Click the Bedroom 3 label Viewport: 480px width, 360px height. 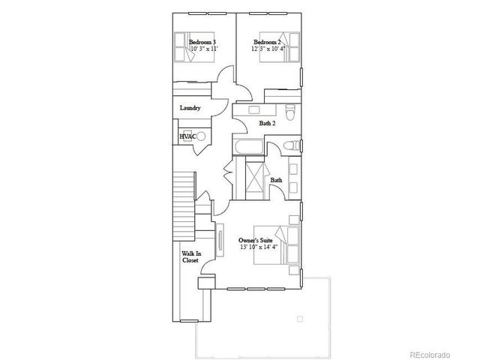(x=202, y=42)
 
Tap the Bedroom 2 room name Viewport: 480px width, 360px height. (x=267, y=42)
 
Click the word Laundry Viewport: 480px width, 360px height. (x=190, y=108)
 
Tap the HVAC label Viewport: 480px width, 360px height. (x=187, y=136)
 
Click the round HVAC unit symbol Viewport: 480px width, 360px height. (x=200, y=136)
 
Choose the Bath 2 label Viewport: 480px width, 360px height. (x=268, y=122)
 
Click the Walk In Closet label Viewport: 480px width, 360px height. (x=190, y=258)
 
